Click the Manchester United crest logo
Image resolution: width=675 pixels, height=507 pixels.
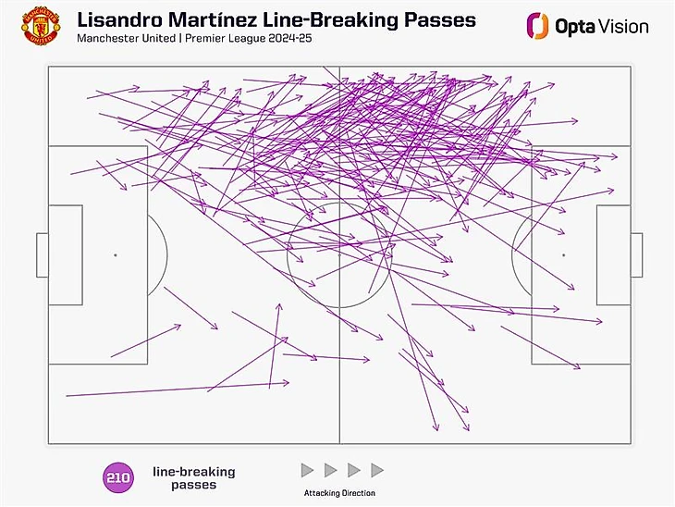pos(41,28)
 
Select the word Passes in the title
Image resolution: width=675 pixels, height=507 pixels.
pos(438,19)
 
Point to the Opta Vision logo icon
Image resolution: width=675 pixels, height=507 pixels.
pos(536,26)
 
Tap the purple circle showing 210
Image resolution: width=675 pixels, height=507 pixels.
pos(117,478)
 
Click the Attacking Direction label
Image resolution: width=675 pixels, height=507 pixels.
pos(339,493)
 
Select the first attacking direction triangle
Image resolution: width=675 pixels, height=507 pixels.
pos(308,471)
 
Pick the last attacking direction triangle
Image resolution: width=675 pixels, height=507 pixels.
pos(376,471)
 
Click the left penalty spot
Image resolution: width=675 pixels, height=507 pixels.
pos(115,254)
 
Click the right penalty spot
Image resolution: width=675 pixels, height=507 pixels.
pos(563,254)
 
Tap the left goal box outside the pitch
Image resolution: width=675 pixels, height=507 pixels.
pos(42,254)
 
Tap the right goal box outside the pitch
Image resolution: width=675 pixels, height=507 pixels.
pos(636,254)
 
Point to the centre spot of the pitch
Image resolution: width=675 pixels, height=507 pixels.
pos(339,254)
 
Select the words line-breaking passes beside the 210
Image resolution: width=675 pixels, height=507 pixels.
pos(193,478)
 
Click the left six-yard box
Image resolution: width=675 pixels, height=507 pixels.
pos(65,254)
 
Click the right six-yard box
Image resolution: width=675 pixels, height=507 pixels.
pos(613,254)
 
